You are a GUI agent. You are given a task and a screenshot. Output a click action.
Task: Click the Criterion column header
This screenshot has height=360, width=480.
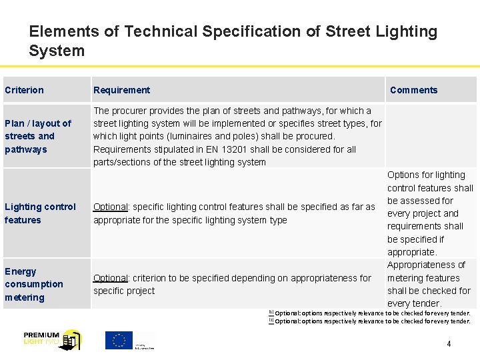pos(24,90)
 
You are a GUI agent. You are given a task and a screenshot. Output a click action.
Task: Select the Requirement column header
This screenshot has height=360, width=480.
pos(121,90)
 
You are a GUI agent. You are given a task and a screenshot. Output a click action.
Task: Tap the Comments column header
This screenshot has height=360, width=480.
pos(413,90)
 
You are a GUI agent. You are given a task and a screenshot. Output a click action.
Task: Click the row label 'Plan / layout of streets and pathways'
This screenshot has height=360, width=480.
pos(37,136)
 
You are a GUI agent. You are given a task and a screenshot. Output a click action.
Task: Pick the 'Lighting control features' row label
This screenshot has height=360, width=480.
pos(40,213)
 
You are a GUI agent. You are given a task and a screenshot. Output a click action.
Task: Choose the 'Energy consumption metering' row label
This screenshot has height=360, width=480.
pos(33,284)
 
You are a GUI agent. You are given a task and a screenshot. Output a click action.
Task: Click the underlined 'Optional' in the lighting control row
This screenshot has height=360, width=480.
pos(110,207)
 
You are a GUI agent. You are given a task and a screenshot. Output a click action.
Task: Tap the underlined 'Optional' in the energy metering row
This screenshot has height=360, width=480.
pos(110,278)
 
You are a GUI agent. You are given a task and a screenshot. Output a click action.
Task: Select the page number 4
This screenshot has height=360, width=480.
pos(449,344)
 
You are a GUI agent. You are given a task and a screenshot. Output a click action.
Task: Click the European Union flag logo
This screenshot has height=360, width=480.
pos(119,340)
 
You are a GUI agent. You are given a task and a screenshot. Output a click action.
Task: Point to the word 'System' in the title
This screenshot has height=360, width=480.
pos(57,51)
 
